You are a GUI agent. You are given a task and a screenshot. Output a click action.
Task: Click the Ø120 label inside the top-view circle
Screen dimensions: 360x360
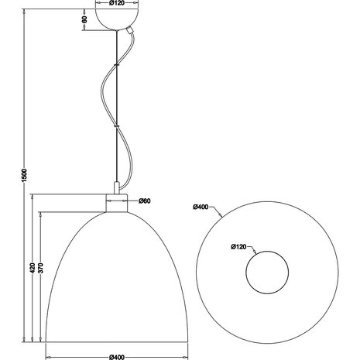[x=239, y=248]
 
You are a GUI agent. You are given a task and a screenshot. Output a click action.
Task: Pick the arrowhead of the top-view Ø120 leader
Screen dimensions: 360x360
[x=257, y=252]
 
